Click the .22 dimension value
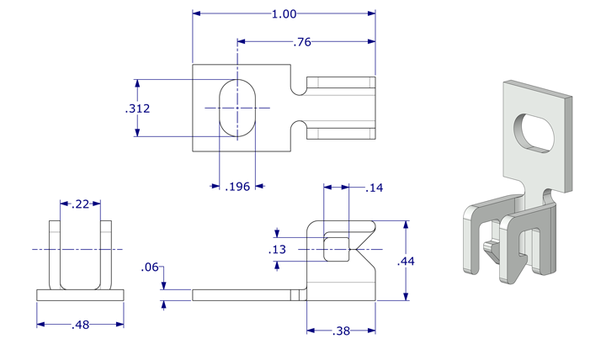[81, 204]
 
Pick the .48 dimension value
[80, 324]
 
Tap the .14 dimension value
[375, 188]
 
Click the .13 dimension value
[276, 250]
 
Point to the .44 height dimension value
[405, 261]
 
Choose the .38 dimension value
[341, 331]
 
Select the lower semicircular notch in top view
[298, 130]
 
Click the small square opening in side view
[336, 249]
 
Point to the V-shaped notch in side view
[365, 250]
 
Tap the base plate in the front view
[80, 295]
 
